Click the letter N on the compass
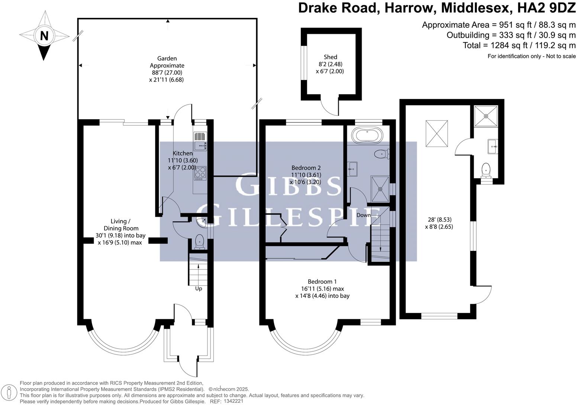(44, 36)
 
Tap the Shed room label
(330, 57)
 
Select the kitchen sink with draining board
(200, 141)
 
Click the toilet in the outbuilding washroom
(486, 170)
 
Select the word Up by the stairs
(199, 288)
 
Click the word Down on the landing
(363, 215)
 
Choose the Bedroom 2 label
(306, 168)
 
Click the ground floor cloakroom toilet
(200, 241)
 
